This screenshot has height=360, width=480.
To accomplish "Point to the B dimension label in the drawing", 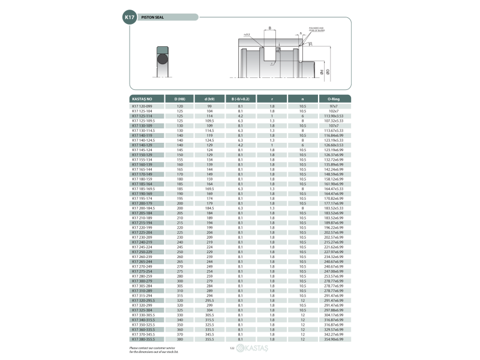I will click(270, 28).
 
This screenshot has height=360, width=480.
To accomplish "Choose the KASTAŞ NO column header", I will click(142, 98).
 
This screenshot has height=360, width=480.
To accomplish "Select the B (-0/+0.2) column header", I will click(240, 98).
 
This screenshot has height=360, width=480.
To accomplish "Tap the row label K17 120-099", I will click(142, 106).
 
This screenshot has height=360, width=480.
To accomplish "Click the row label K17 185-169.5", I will click(142, 189).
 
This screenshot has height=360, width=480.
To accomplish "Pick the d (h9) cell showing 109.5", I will click(209, 120).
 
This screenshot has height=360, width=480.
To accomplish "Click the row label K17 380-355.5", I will click(142, 340).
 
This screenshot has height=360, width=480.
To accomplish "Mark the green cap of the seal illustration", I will click(163, 49).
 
